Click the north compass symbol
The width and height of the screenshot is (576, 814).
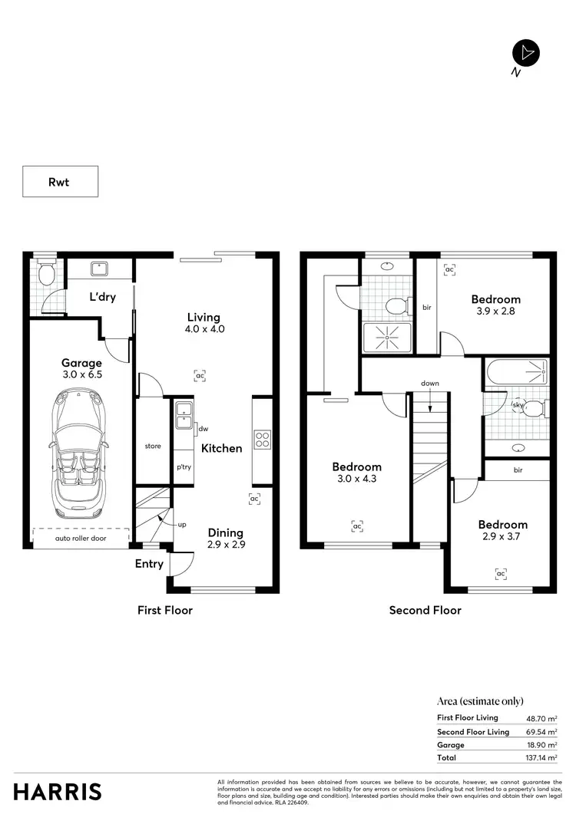point(526,52)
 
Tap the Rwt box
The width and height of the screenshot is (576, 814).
point(60,182)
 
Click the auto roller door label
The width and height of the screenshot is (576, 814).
point(81,539)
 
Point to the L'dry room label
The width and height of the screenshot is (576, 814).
point(102,297)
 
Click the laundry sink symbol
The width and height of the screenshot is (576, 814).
point(101,269)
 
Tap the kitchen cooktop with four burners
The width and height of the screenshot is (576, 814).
point(263,440)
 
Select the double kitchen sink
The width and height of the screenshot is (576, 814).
point(184,415)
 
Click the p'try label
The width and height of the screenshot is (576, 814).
point(184,466)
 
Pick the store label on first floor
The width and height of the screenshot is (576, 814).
point(153,446)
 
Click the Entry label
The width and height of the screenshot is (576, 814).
point(149,564)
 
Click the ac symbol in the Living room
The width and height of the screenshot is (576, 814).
point(200,376)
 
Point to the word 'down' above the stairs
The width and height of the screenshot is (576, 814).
point(430,383)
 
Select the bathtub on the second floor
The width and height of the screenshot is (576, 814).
point(516,372)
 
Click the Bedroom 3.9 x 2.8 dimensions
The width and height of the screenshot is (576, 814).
point(495,311)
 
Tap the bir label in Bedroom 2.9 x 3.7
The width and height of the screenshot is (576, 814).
point(518,470)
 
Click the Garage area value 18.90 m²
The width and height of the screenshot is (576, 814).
point(542,745)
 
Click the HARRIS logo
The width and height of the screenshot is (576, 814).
point(58,792)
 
